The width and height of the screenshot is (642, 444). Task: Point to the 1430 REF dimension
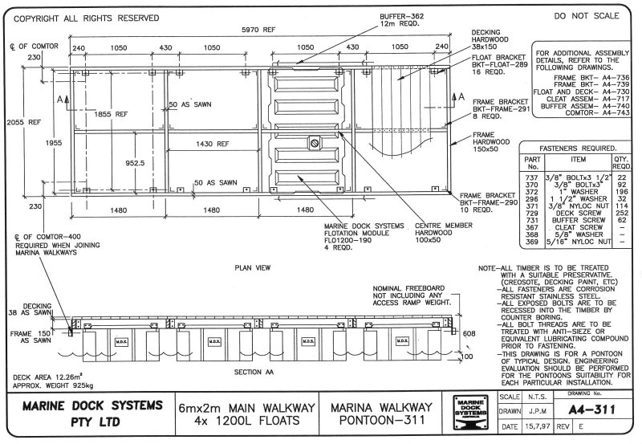211,145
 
